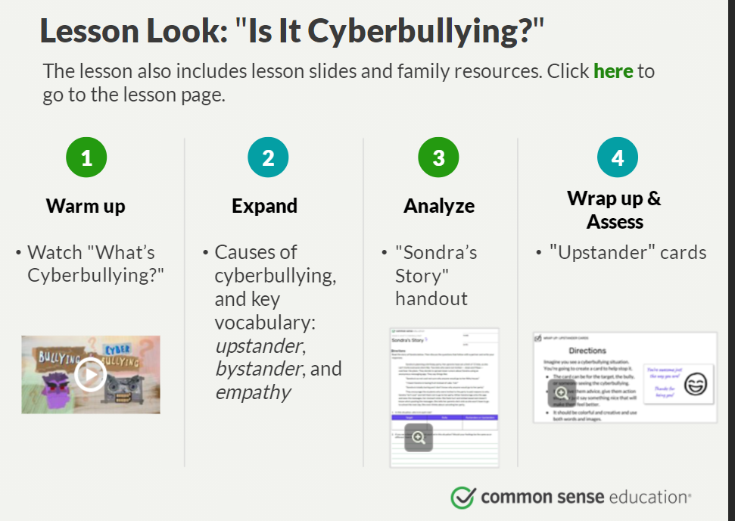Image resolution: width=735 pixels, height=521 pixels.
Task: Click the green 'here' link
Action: coord(613,71)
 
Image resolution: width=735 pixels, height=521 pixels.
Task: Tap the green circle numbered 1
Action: coord(86,158)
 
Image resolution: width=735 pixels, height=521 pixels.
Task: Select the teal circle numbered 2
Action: coord(268,158)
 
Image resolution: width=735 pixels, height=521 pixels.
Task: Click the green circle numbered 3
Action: coord(438,158)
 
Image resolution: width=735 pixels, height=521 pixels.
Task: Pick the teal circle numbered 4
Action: coord(617,158)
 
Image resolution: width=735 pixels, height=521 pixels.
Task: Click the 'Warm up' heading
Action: coord(86,205)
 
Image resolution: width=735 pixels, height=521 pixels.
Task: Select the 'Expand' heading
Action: coord(264,205)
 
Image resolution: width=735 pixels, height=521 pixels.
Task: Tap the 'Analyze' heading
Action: coord(439,205)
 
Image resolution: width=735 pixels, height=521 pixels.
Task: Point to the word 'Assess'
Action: coord(614,222)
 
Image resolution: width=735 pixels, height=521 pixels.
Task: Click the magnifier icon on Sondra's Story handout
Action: coord(419,437)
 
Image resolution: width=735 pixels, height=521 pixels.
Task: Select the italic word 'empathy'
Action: coord(253,392)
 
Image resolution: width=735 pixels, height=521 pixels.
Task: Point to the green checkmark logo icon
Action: coord(462,497)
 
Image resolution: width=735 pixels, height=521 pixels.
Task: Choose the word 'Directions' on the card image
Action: coord(587,351)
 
